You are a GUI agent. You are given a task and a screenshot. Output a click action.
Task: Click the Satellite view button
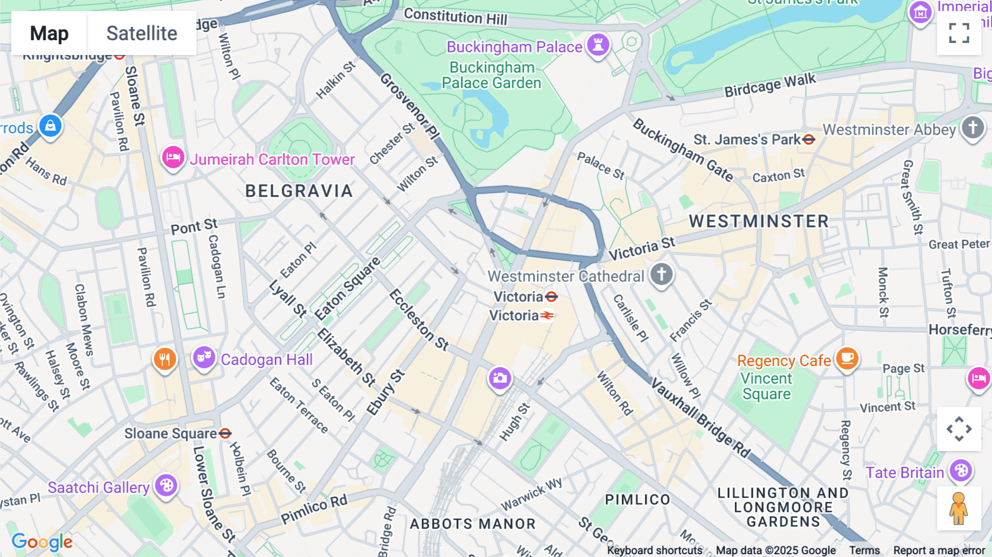[142, 33]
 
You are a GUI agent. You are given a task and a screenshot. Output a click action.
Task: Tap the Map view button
[49, 33]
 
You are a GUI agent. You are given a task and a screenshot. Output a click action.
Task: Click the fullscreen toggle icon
[959, 33]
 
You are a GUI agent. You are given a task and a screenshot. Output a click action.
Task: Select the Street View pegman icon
[959, 508]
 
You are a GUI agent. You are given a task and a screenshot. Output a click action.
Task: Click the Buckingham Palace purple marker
[598, 44]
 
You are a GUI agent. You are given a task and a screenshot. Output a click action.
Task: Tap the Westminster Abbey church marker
[973, 128]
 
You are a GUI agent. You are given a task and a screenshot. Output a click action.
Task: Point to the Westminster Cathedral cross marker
[661, 274]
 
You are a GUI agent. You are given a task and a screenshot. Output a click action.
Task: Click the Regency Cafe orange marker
[847, 358]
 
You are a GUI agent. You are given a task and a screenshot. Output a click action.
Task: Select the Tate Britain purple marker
[961, 471]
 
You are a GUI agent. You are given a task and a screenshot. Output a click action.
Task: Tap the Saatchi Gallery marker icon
[166, 486]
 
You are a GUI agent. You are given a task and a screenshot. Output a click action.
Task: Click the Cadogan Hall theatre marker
[203, 358]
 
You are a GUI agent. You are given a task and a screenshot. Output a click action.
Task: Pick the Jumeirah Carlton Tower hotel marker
[172, 158]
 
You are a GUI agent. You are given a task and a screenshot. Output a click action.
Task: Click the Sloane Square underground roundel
[225, 433]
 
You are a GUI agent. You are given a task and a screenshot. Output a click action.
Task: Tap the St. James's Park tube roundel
[808, 140]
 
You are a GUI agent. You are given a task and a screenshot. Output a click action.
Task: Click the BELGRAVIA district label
[299, 191]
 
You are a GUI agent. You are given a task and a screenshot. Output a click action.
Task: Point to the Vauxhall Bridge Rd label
[700, 418]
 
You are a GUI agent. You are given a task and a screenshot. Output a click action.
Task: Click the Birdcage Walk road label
[769, 85]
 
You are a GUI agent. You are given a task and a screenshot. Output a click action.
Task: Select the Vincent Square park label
[766, 386]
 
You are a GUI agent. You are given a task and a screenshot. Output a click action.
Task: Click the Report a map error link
[939, 550]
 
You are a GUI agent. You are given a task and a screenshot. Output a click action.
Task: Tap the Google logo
[42, 542]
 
